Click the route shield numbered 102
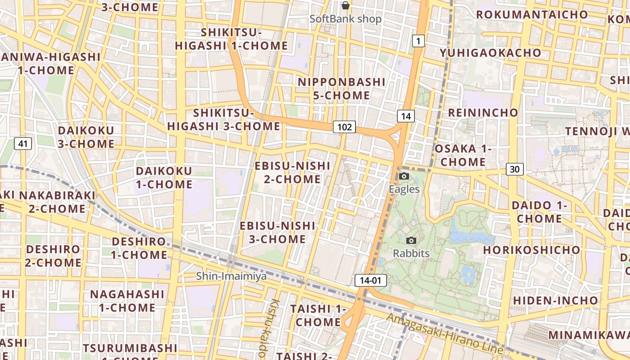pos(344,127)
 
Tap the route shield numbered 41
pos(23,144)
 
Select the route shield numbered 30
pos(515,169)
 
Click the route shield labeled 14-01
pos(370,280)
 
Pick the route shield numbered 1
pos(418,42)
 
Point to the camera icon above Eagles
pos(404,176)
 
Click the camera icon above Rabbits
pos(411,240)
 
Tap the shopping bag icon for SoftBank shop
pos(345,6)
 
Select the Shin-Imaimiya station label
pos(231,276)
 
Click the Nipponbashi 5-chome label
pos(342,89)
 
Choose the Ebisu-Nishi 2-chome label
pos(292,172)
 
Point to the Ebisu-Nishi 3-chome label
pos(278,232)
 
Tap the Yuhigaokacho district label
pos(490,53)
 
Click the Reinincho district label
pos(483,112)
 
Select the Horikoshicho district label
pos(532,250)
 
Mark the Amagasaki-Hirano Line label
pos(445,334)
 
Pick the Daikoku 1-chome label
pos(164,178)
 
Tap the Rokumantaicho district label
pos(532,15)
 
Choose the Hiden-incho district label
pos(556,300)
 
